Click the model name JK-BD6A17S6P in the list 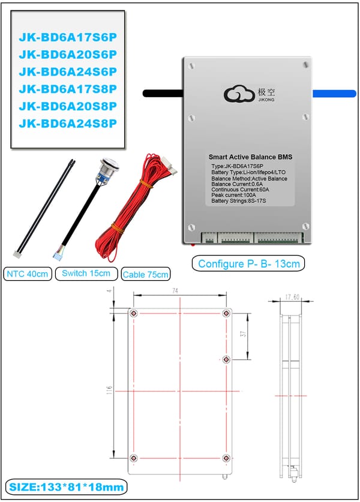tap(68, 37)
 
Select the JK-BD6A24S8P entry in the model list tap(68, 124)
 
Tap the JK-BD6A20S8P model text tap(68, 106)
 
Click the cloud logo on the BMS tap(238, 95)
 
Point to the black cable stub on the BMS tap(163, 93)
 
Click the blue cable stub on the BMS tap(335, 93)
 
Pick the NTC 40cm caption tap(28, 274)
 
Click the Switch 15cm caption tap(86, 273)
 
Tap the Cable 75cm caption tap(145, 275)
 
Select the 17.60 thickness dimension tap(292, 296)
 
